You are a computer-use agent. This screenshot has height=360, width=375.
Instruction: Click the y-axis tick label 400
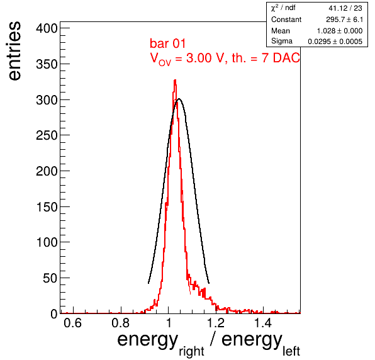coord(47,28)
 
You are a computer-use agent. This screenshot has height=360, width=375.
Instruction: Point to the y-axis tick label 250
coord(47,135)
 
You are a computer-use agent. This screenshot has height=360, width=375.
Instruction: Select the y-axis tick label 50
coord(50,278)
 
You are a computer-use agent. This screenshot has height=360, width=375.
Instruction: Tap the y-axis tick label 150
coord(47,207)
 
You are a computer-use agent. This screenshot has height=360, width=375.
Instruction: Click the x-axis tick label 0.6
coord(73,323)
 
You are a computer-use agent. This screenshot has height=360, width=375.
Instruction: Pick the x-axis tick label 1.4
coord(263,323)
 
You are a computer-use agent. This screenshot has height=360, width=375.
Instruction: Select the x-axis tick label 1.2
coord(215,323)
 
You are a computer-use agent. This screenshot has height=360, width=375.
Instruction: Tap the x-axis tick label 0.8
coord(121,323)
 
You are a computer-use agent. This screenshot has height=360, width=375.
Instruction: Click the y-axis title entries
coord(15,51)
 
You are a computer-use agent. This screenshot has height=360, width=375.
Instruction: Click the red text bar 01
coord(167,43)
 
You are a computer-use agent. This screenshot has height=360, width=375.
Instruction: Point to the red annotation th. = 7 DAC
coord(266,58)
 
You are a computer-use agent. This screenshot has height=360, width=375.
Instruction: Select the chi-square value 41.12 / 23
coord(345,8)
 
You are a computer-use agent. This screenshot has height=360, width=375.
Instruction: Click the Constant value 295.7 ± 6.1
coord(344,20)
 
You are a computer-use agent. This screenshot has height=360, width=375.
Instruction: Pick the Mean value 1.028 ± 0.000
coord(340,31)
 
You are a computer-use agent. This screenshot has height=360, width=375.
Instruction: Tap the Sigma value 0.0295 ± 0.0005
coord(335,42)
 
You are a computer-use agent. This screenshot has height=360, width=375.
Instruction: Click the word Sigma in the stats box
coord(282,42)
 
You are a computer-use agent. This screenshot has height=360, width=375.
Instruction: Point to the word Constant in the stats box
coord(286,20)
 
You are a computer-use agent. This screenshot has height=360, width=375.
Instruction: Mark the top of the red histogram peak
coord(175,80)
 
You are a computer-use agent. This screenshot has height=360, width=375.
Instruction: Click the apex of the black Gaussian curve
coord(179,99)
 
